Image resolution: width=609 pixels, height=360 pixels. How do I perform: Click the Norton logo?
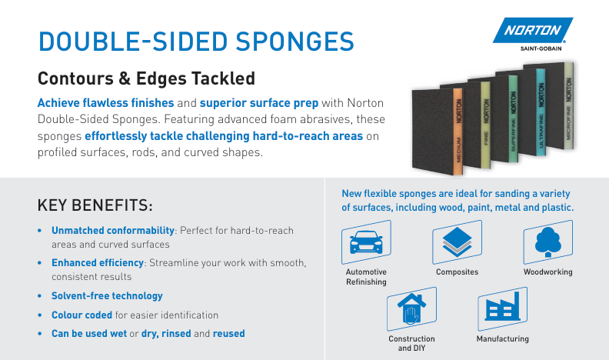pos(534,32)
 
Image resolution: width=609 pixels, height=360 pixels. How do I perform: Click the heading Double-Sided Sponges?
pos(196,40)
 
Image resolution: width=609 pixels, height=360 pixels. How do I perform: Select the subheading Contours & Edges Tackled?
pos(146,78)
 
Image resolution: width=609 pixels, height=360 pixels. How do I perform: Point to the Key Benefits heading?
pos(95,206)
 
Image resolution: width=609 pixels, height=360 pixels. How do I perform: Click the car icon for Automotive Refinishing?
pos(366,243)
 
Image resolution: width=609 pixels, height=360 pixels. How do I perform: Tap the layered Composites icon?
pos(457,244)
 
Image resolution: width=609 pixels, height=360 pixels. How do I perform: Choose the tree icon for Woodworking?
pos(547,244)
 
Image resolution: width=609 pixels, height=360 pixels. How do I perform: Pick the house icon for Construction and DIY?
pos(411,310)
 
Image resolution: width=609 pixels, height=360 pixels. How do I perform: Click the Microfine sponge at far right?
pos(568,108)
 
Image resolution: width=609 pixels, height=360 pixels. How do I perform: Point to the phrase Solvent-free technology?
pos(107,295)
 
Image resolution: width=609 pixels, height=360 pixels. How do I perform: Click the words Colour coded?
pos(82,315)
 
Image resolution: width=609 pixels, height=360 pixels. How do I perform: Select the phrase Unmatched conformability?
pos(113,231)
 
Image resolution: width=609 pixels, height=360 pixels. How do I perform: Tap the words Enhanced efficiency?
pos(98,263)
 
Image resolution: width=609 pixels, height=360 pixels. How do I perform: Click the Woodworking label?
pos(547,272)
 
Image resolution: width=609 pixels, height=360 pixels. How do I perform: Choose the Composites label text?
pos(457,272)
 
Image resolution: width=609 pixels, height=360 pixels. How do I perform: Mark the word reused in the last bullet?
pos(228,334)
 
